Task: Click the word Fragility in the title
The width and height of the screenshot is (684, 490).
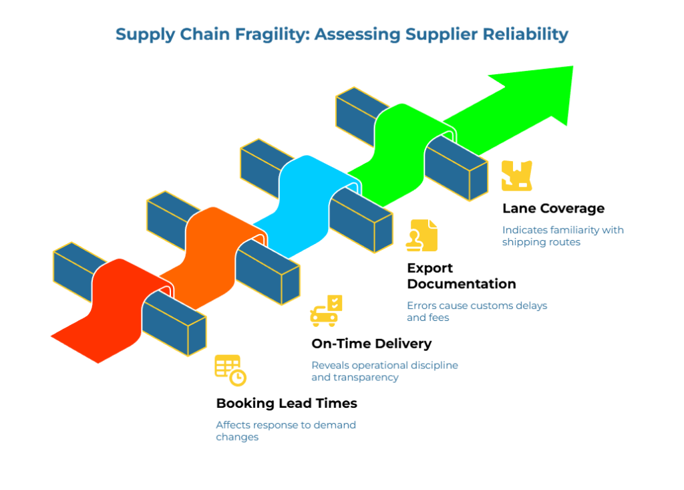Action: (267, 34)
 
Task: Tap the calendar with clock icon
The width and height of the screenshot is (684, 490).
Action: (230, 370)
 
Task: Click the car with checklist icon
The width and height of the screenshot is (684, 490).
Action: (326, 312)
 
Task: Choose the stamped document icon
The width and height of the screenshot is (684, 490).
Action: (421, 235)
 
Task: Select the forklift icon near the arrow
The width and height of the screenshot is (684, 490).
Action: (516, 176)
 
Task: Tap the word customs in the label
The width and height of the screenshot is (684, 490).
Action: (473, 305)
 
